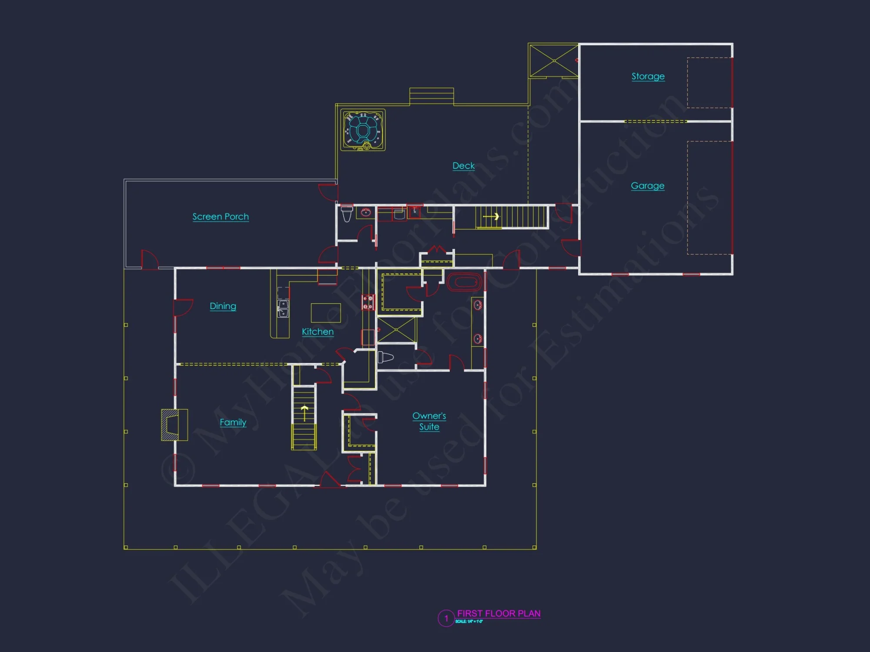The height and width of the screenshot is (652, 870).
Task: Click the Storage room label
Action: (x=648, y=77)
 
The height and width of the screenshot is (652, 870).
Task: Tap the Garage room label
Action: (x=647, y=186)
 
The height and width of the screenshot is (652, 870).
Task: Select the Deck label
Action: (x=463, y=166)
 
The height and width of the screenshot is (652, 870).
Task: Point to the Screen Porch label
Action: (x=221, y=216)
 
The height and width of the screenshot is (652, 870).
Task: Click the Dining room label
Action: (x=223, y=306)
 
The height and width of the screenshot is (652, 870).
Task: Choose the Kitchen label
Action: (x=318, y=332)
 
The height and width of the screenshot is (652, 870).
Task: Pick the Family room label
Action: (x=233, y=422)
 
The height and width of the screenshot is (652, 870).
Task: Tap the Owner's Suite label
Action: (x=429, y=421)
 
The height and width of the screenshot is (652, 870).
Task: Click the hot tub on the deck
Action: (x=362, y=130)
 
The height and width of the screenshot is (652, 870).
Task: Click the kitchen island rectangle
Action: (x=325, y=313)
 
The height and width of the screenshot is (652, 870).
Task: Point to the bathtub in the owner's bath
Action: (x=464, y=282)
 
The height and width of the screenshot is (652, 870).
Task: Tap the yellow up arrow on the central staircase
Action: (x=304, y=412)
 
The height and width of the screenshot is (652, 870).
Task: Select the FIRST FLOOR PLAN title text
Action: (x=499, y=613)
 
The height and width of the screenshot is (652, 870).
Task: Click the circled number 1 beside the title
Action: (x=446, y=618)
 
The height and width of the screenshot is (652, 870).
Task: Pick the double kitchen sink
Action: (x=283, y=308)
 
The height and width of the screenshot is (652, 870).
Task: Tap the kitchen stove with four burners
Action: (x=368, y=303)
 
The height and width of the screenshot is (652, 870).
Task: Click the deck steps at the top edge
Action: (x=432, y=96)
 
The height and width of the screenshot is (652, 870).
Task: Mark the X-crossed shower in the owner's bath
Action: (x=396, y=330)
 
